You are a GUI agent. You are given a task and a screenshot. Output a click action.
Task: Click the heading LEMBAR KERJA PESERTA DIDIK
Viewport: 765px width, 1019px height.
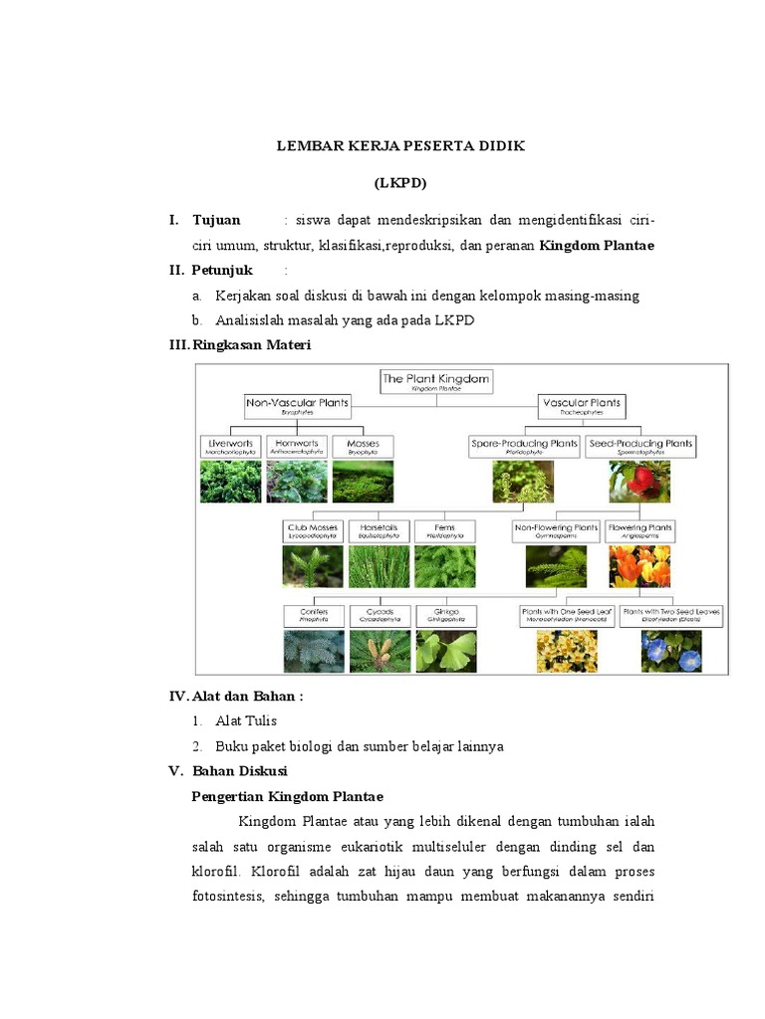coord(399,145)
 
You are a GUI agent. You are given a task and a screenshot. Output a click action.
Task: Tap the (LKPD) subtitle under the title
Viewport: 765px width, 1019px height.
coord(399,183)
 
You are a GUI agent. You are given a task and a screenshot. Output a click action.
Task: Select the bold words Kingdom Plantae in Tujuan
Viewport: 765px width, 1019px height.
coord(597,245)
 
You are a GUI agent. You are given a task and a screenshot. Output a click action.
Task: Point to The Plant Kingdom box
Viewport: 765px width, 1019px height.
coord(436,381)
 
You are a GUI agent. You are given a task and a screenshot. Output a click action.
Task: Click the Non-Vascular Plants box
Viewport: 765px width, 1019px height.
coord(297,406)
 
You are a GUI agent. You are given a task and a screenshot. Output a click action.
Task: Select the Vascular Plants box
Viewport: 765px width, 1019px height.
coord(582,406)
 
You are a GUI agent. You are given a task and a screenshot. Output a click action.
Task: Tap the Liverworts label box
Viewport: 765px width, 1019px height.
coord(230,446)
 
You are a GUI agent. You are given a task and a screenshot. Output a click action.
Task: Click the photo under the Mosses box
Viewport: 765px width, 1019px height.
coord(363,481)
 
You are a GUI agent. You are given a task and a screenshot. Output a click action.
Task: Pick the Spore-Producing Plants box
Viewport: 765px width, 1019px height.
coord(524,446)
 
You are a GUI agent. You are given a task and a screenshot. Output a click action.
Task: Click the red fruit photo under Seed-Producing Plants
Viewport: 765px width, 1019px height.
coord(639,481)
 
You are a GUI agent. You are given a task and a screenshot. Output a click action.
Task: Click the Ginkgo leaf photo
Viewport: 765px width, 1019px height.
coord(445,651)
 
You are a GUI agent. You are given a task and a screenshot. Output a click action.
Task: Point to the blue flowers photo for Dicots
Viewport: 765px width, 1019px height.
coord(670,651)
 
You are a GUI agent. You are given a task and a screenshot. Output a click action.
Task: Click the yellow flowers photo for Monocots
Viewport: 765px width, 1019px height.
coord(566,651)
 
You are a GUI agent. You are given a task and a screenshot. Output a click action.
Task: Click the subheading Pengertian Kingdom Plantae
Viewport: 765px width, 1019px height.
coord(287,797)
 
